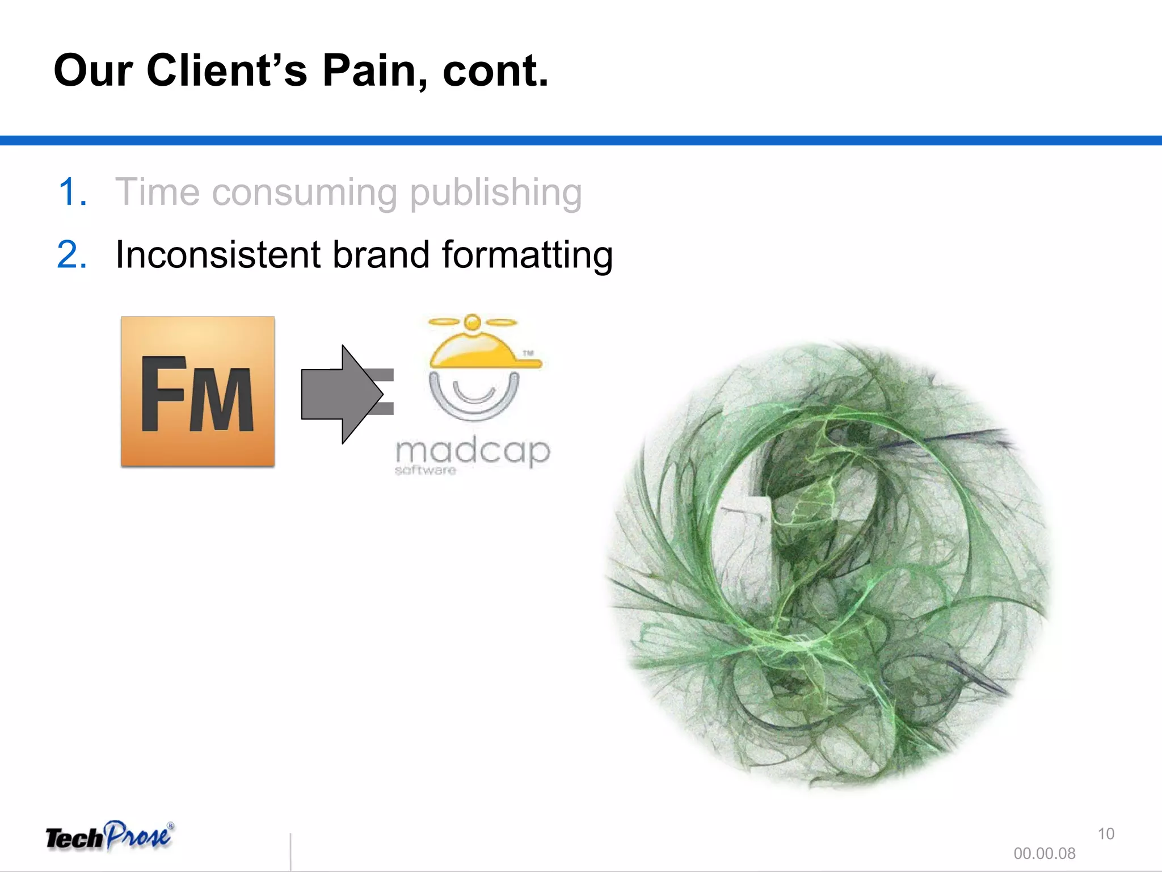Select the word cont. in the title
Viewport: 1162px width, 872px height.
click(x=495, y=72)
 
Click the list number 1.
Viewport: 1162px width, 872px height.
click(x=72, y=192)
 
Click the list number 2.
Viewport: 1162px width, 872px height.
click(x=72, y=254)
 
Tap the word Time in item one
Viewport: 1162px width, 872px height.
click(x=157, y=192)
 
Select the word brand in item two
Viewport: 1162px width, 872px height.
click(x=381, y=254)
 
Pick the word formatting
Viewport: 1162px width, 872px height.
click(x=527, y=255)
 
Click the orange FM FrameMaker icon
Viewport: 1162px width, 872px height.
click(x=197, y=392)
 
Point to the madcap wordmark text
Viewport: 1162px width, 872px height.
click(x=473, y=452)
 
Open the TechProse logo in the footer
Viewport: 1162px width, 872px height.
click(x=110, y=836)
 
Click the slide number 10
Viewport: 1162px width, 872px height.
click(x=1106, y=834)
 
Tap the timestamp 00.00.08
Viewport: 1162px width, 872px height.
click(x=1044, y=853)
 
